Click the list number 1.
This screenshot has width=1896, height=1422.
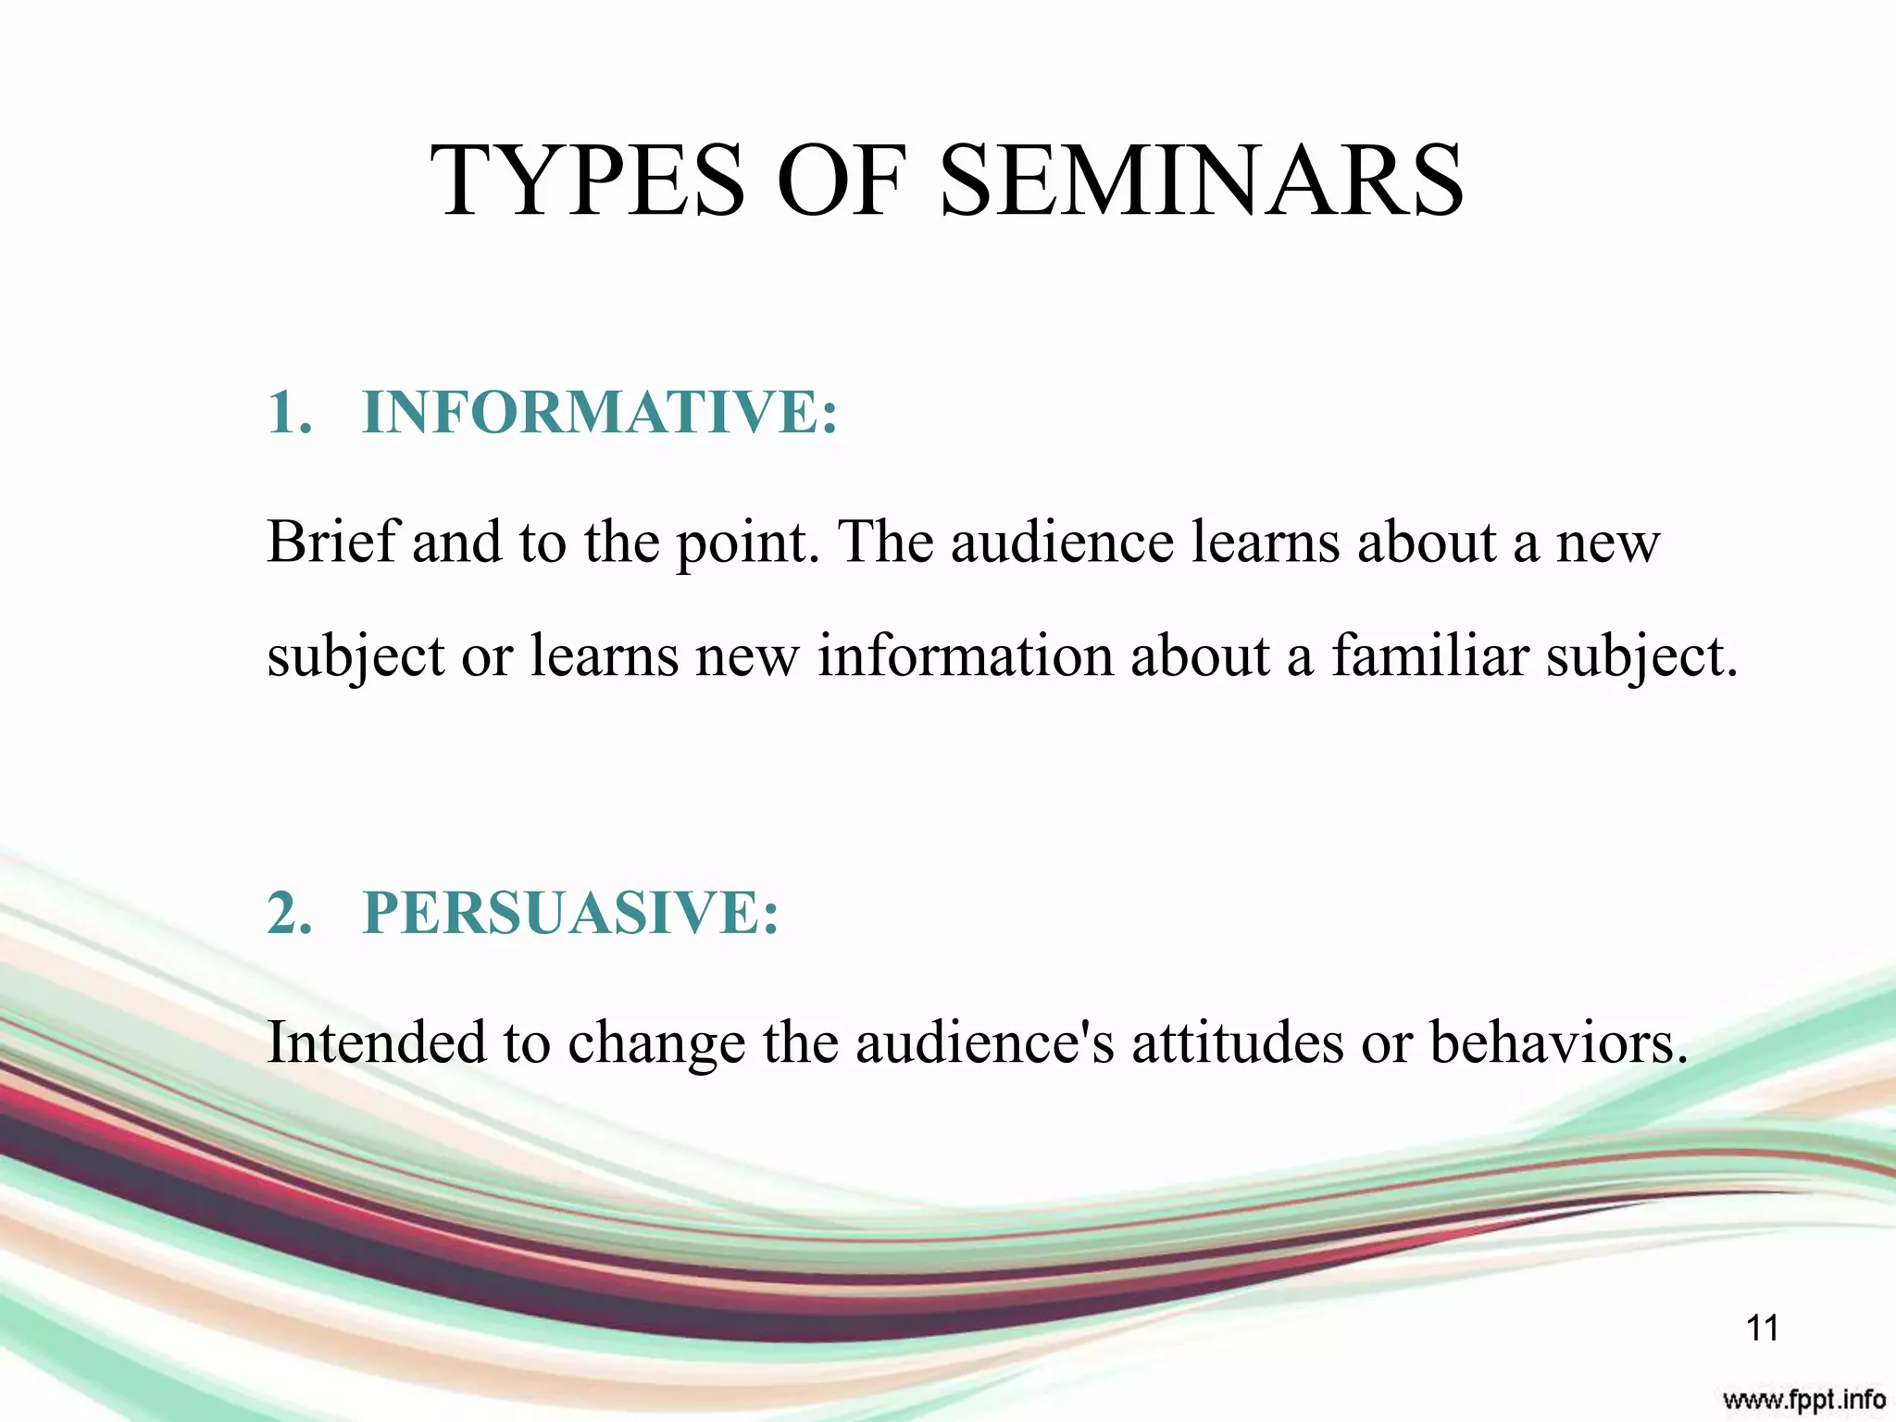[x=289, y=412]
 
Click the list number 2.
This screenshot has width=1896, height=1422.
[x=289, y=913]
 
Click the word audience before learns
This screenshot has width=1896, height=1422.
[x=1062, y=542]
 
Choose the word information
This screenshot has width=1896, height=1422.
[x=965, y=656]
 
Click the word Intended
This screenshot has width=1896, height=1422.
[x=376, y=1042]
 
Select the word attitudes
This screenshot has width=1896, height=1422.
[x=1237, y=1042]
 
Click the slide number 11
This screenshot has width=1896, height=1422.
[x=1762, y=1328]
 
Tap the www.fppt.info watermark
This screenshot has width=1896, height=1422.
[x=1803, y=1398]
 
